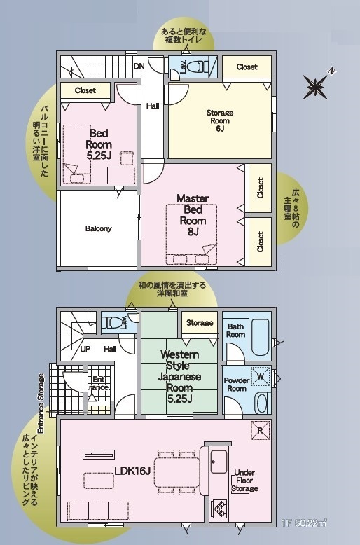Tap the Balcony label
coord(98,228)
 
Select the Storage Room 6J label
coord(220,120)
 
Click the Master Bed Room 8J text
coord(193,215)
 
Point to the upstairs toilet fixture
coord(198,66)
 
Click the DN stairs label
coord(139,66)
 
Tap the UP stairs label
coord(85,349)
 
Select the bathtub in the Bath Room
coord(260,337)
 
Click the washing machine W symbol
coord(261,377)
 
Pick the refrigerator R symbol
coord(261,430)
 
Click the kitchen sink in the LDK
coord(219,462)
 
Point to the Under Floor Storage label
coord(244,481)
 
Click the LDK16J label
coord(132,471)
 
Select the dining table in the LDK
coord(177,472)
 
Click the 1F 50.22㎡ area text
coord(305,523)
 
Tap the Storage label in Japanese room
coord(200,323)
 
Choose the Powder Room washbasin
coord(261,403)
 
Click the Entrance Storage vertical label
coord(41,403)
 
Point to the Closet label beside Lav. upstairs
coord(247,67)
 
